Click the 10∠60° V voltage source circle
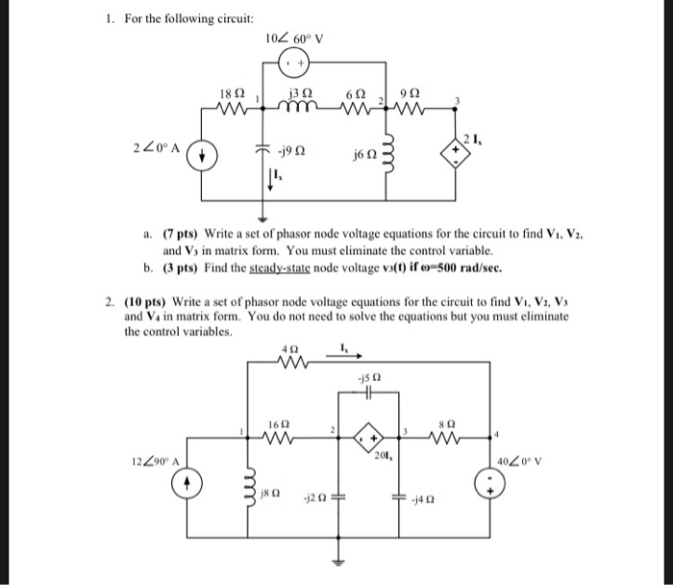[293, 64]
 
